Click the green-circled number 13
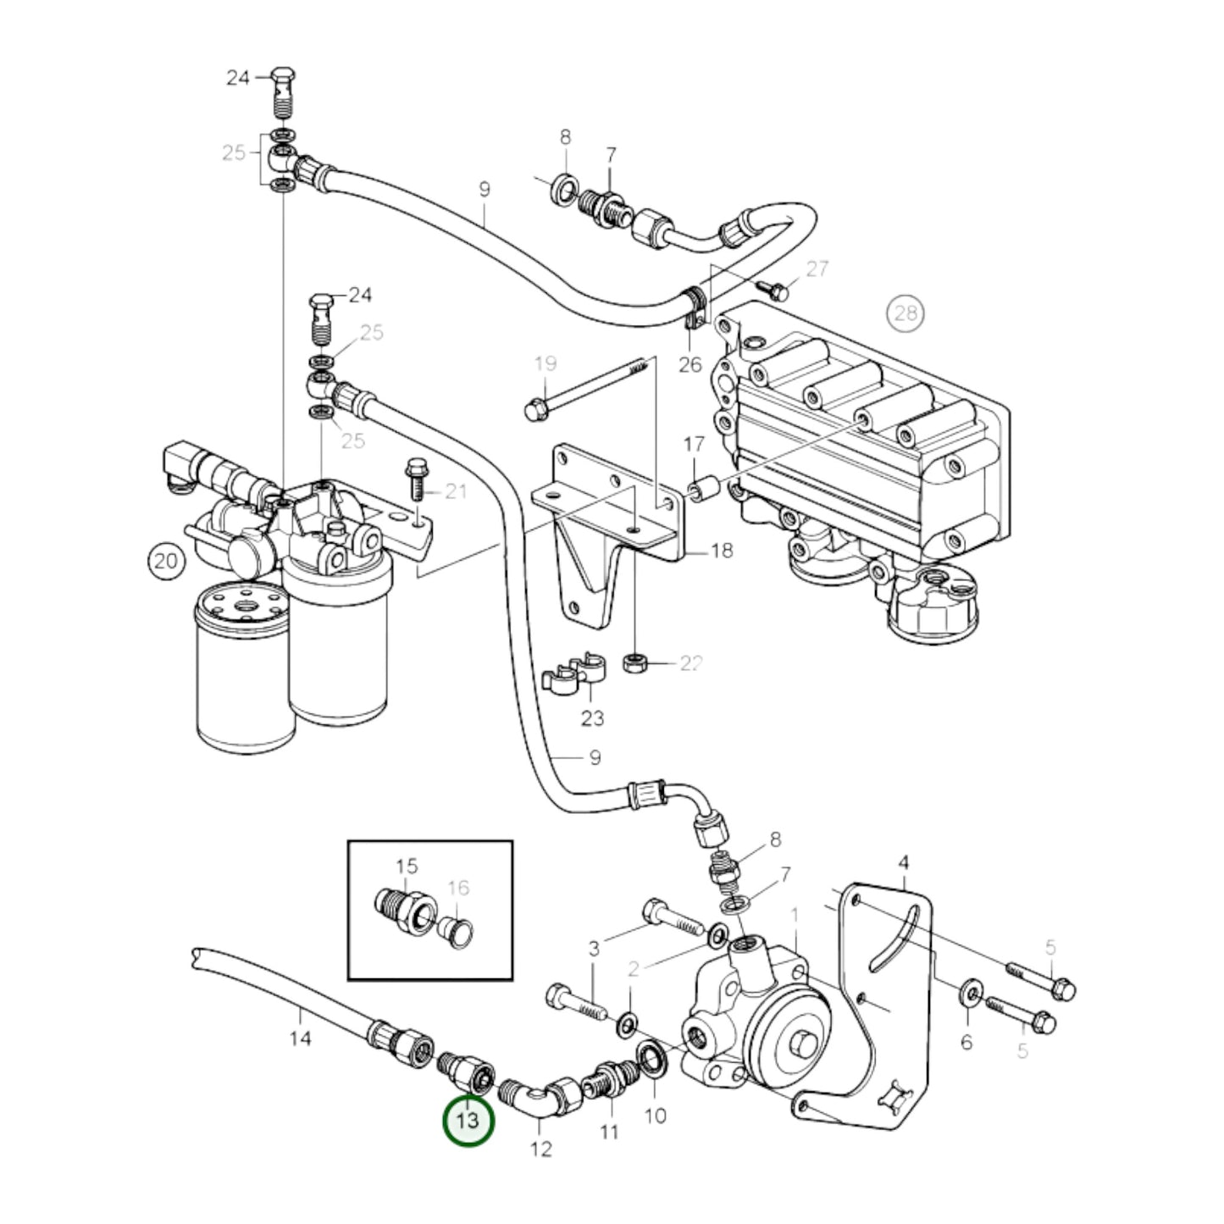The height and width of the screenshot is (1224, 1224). tap(468, 1120)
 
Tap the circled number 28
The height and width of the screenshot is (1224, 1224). tap(906, 313)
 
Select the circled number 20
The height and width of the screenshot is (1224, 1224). tap(167, 560)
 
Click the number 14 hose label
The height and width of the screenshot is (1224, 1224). tap(301, 1038)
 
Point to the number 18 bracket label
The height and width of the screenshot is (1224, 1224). tap(721, 551)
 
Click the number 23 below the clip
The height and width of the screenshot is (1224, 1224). tap(592, 718)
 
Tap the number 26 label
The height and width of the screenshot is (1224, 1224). tap(690, 364)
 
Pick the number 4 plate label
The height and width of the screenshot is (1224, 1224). tap(904, 863)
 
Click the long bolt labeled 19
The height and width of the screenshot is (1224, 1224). tap(584, 389)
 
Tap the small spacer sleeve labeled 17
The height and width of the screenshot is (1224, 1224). tap(704, 489)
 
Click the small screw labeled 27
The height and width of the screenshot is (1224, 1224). tap(775, 291)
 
